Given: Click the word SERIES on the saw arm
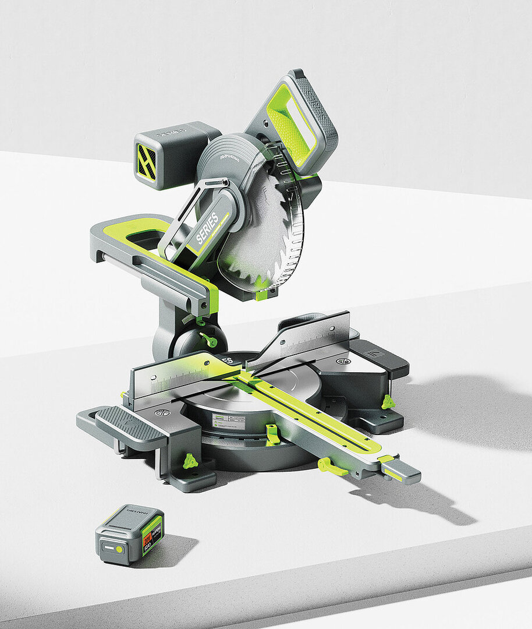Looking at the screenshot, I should [207, 228].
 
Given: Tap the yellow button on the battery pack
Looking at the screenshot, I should [119, 549].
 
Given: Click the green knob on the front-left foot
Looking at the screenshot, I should [190, 461].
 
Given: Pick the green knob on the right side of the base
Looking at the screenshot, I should [388, 401].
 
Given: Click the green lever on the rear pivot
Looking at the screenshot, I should [207, 338].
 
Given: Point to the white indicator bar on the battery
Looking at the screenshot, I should [108, 548].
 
